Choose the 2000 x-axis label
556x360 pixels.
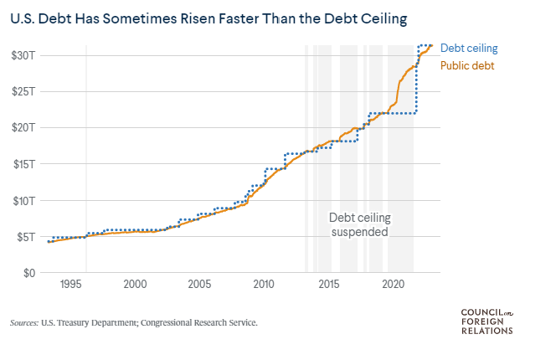click(x=136, y=284)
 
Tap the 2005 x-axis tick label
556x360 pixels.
click(x=200, y=284)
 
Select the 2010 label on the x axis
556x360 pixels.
click(x=265, y=284)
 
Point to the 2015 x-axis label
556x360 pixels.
click(x=329, y=284)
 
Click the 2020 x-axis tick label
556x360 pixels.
click(x=394, y=284)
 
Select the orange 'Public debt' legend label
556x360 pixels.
click(x=467, y=64)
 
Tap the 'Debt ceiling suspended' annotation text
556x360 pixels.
click(x=359, y=224)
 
